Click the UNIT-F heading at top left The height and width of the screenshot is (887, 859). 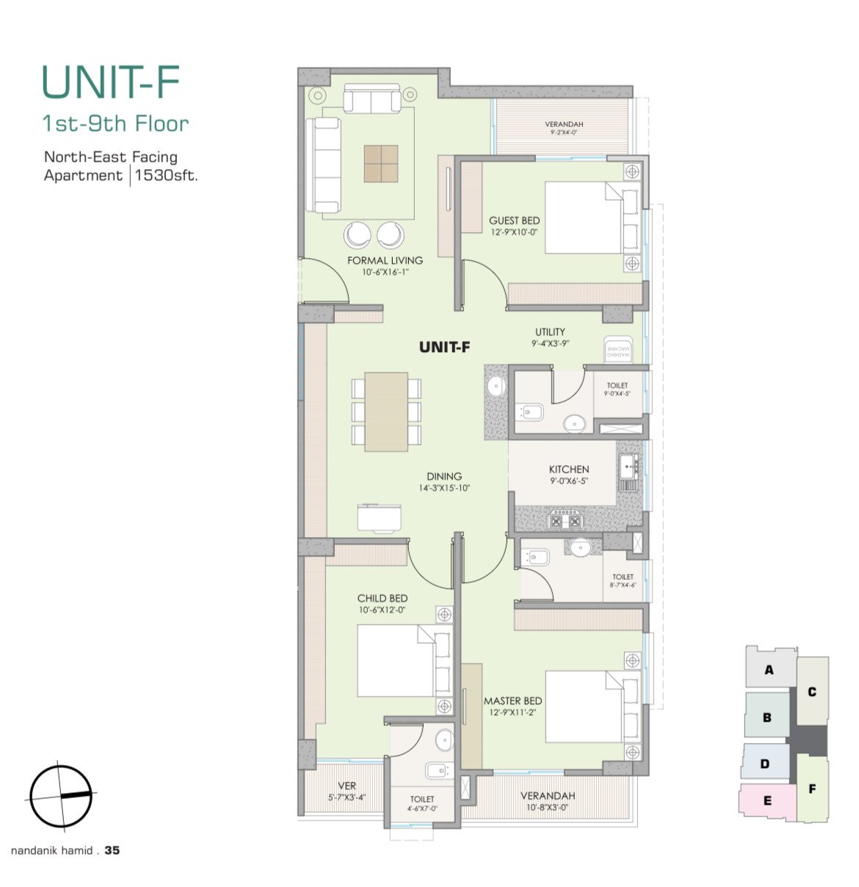111,82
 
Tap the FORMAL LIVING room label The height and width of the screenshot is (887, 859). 385,261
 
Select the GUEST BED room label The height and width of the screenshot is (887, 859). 514,220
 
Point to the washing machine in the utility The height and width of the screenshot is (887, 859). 618,350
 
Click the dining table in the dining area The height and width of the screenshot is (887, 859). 386,412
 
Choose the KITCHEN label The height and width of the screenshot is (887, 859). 569,470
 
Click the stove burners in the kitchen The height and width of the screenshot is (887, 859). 566,520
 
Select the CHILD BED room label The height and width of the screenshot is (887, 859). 382,599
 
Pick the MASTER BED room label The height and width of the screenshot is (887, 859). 512,701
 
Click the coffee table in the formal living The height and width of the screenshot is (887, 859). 381,163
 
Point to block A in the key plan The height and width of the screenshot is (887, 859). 769,669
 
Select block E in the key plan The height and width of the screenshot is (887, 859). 767,801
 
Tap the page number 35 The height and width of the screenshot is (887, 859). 112,850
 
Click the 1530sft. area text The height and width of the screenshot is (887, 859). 166,176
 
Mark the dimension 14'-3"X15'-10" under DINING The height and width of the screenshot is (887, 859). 444,488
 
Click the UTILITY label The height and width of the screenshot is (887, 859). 550,332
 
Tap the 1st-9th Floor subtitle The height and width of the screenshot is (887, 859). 115,123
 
